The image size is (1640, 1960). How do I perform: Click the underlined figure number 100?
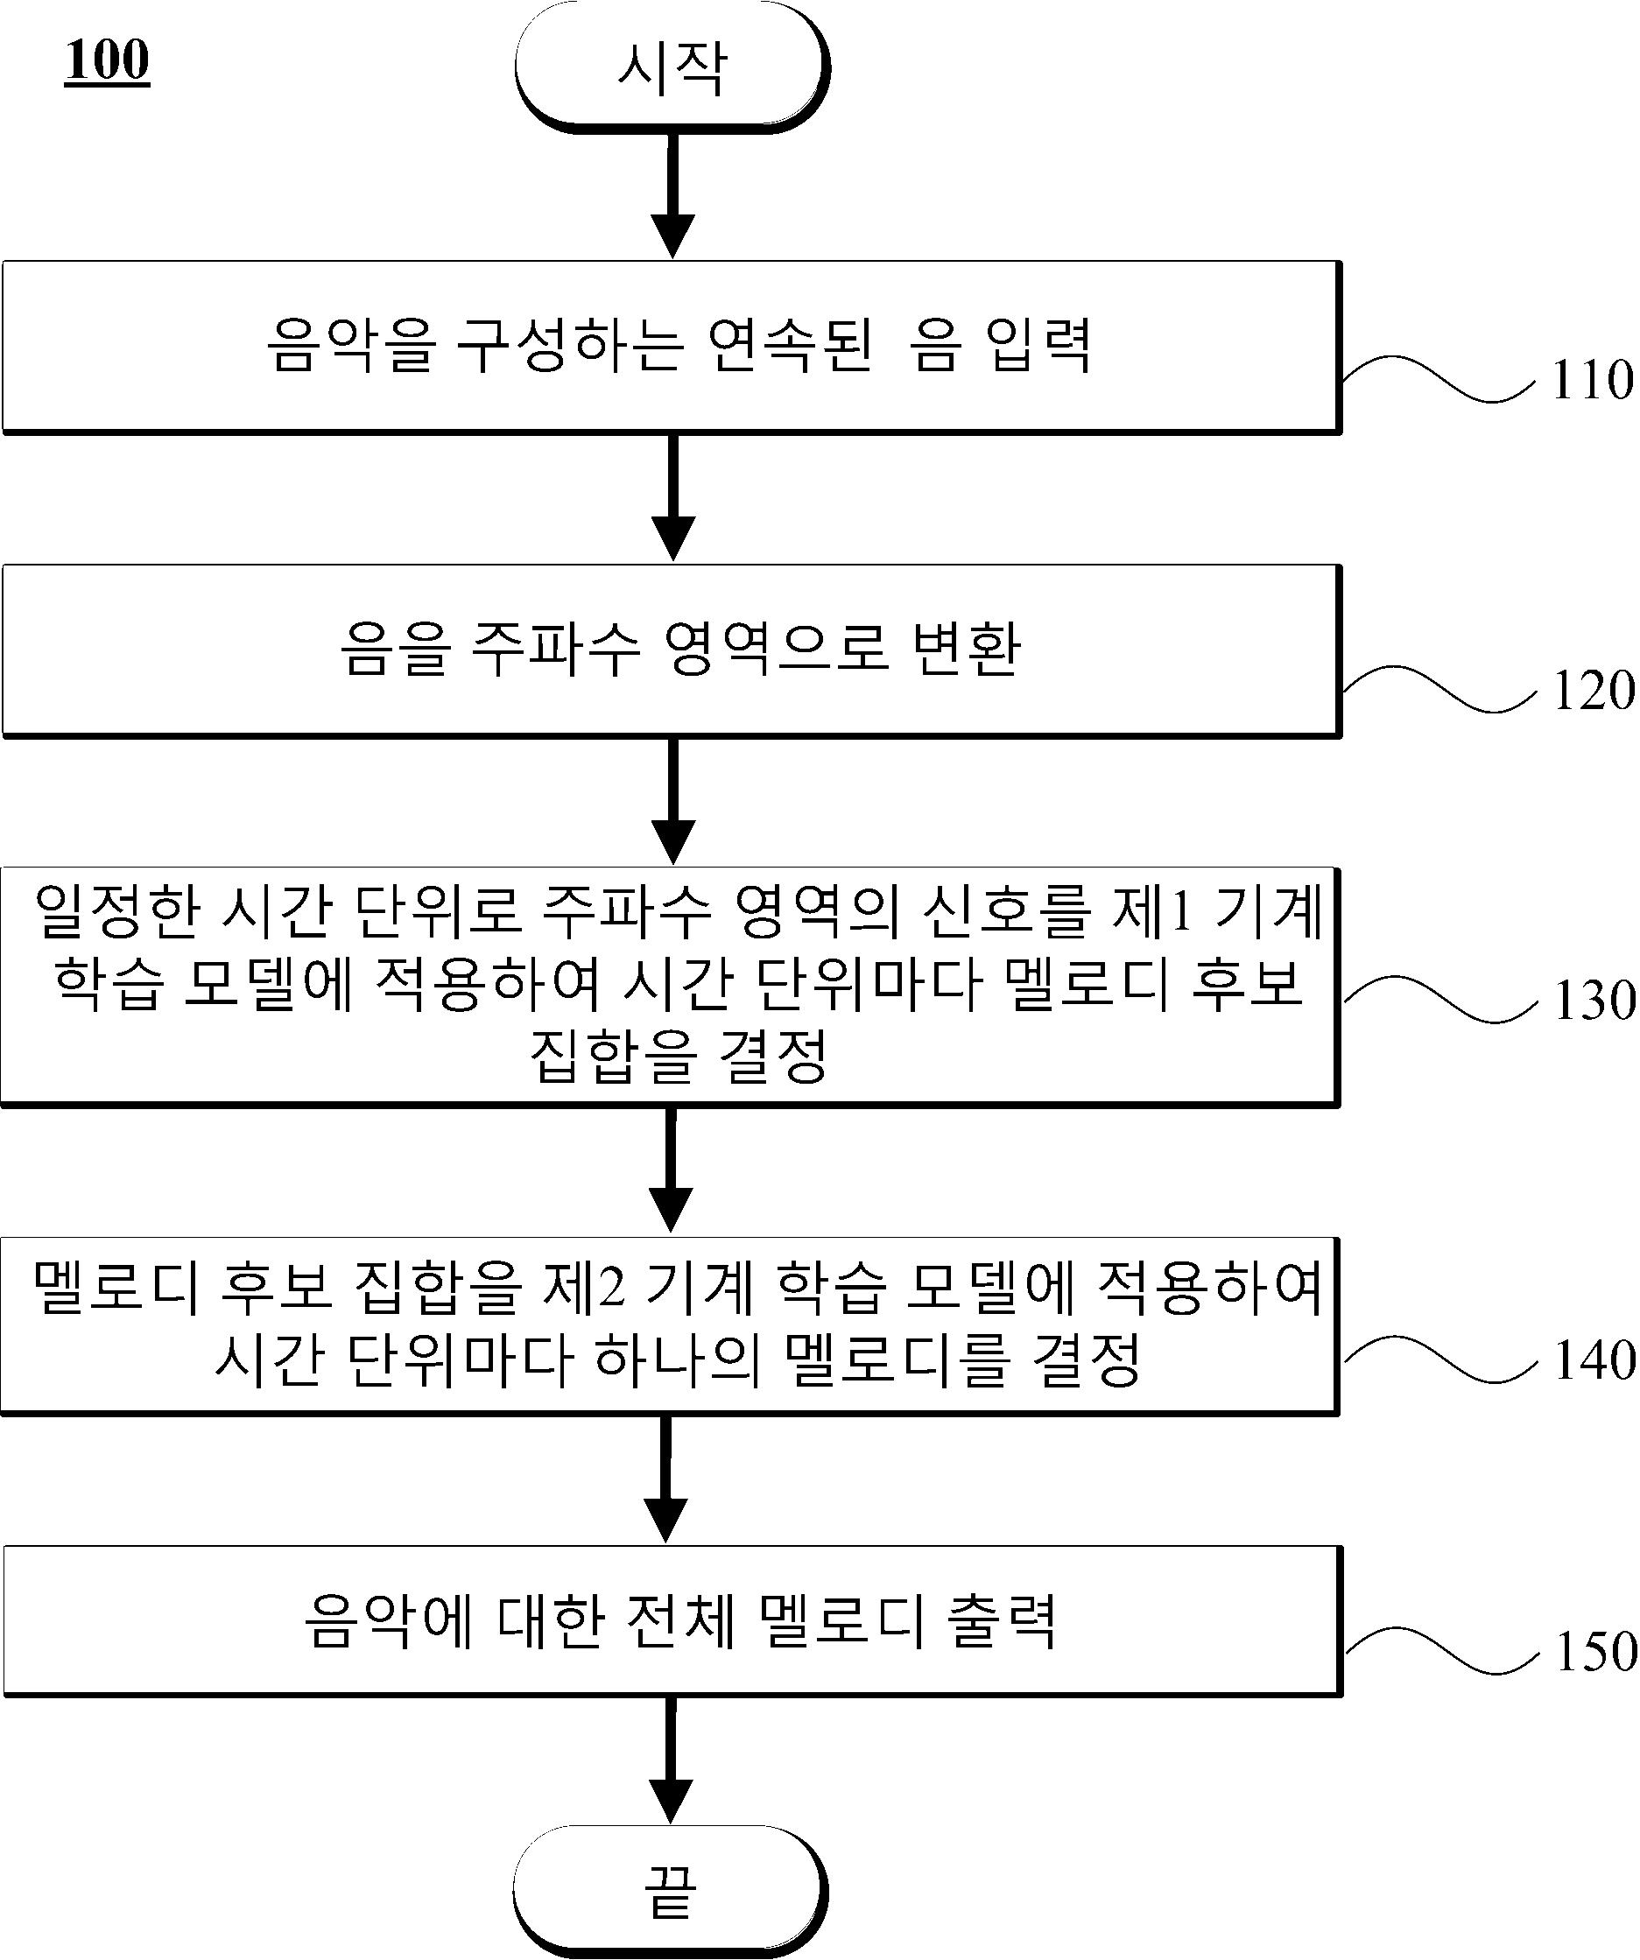pos(108,60)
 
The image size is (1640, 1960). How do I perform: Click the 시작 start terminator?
pos(671,67)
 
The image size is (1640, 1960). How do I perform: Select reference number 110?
pos(1593,380)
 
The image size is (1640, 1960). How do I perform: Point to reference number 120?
pos(1594,691)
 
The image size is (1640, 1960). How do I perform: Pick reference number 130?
pos(1594,1000)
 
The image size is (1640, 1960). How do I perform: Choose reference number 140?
pos(1594,1359)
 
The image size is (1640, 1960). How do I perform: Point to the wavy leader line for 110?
pos(1439,379)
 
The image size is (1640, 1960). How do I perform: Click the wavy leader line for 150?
pos(1440,1651)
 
